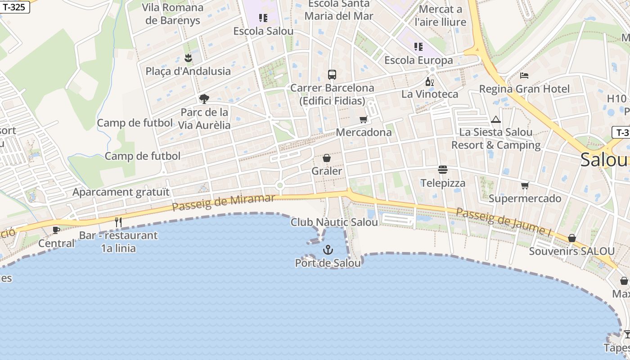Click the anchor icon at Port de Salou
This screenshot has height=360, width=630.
[328, 250]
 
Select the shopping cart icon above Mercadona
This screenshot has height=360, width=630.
[363, 119]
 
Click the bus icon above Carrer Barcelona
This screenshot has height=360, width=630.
[332, 75]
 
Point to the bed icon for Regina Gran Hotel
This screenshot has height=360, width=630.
[524, 75]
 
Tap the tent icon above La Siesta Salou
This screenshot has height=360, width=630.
[496, 119]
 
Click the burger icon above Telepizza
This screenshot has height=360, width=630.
[443, 170]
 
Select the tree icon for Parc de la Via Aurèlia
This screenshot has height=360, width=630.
[204, 99]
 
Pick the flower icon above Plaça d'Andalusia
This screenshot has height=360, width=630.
[188, 58]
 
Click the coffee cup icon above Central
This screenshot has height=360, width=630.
[56, 230]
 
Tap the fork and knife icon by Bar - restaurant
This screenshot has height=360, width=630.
[118, 222]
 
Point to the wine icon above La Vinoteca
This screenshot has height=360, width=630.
[430, 81]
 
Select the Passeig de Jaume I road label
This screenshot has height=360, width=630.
[504, 221]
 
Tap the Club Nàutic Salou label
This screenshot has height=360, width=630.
[334, 222]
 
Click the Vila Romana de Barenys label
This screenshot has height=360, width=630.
[173, 14]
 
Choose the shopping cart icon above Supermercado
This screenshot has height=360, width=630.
[525, 185]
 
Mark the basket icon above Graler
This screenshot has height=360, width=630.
[327, 158]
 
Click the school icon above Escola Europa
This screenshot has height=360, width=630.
[418, 47]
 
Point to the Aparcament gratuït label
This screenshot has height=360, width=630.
[121, 192]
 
